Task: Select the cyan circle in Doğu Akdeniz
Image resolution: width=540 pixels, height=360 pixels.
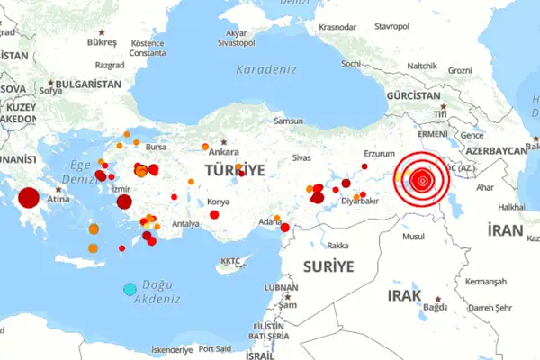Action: pos(130,289)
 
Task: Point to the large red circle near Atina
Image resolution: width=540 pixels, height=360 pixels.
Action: pos(29,198)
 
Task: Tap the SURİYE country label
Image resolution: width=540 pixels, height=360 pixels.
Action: pos(328,266)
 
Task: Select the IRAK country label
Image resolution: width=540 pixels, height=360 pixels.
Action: pos(404,295)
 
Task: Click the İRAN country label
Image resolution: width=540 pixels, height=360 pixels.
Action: pos(504,231)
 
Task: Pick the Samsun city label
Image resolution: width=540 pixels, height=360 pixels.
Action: pos(290,121)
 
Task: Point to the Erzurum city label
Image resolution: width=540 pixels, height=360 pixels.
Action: pos(379,154)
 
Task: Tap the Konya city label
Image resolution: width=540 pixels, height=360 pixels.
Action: pos(219,202)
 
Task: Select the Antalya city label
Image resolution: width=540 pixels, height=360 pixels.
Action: pos(185,223)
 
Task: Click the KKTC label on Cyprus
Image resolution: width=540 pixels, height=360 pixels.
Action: pos(231,263)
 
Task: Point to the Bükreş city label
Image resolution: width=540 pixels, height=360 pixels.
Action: pos(103,42)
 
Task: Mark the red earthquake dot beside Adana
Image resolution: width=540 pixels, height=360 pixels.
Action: pos(285,227)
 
